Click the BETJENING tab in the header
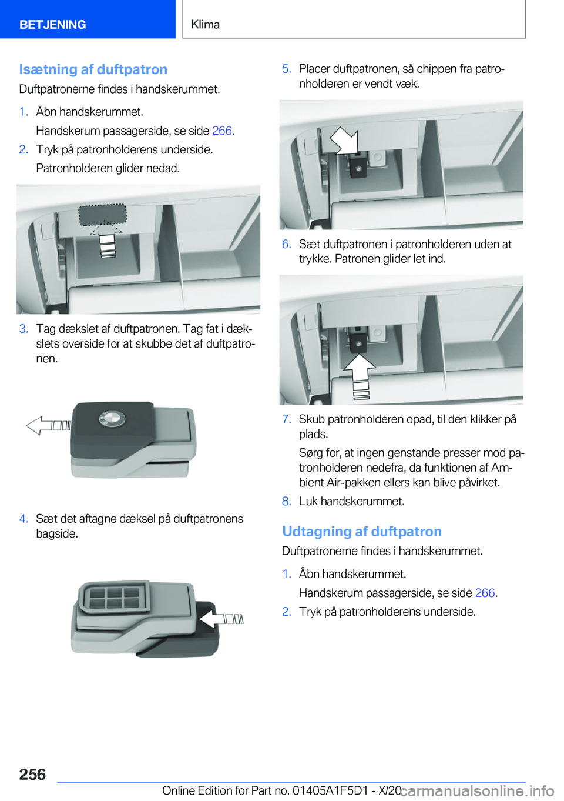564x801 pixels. click(x=52, y=24)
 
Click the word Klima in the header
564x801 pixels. click(x=205, y=24)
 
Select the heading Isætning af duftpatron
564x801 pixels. click(x=93, y=69)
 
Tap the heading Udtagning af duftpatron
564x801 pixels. click(x=362, y=531)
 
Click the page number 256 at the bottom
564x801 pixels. click(x=32, y=774)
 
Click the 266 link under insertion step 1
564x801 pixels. click(x=222, y=131)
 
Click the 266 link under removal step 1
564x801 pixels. click(x=485, y=593)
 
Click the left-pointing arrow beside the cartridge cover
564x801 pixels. click(x=49, y=426)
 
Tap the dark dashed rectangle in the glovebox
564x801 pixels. click(x=103, y=215)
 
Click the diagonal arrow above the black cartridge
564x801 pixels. click(x=345, y=140)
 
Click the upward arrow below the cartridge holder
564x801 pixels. click(x=360, y=373)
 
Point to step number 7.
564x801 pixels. click(x=287, y=419)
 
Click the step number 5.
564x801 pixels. click(x=287, y=69)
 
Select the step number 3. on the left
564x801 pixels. click(x=24, y=329)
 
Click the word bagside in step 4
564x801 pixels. click(x=56, y=534)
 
